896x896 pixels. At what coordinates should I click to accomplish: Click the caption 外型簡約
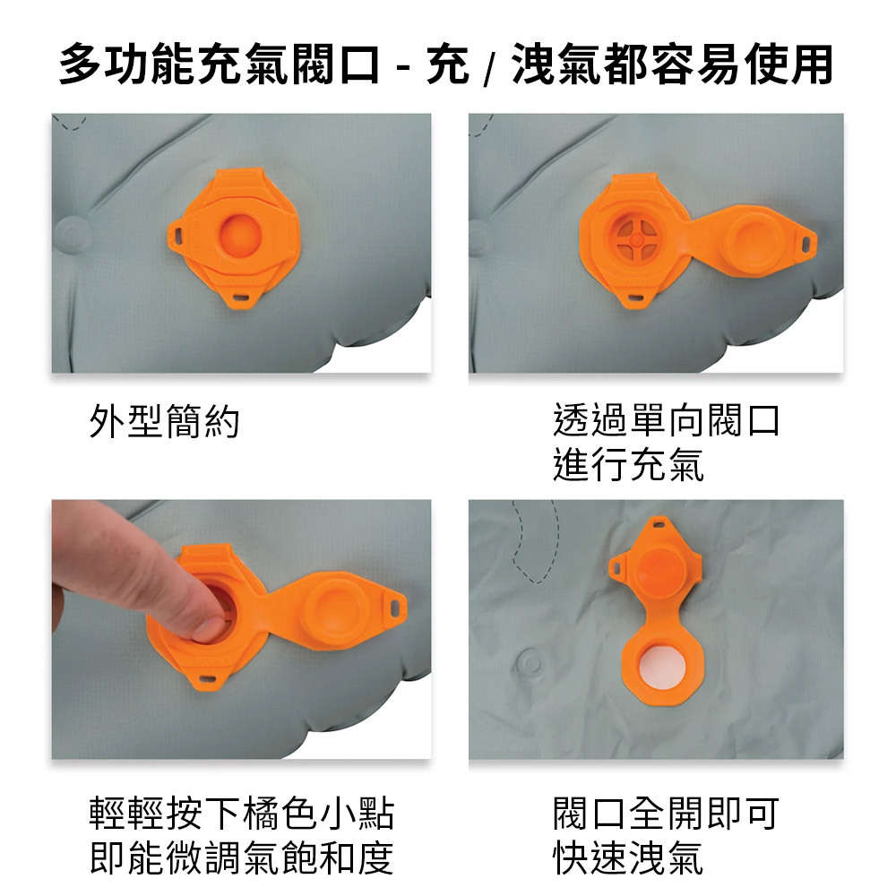(x=164, y=422)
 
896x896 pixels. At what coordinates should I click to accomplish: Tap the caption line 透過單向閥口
(x=667, y=420)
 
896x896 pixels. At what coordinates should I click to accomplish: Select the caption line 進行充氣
(x=629, y=464)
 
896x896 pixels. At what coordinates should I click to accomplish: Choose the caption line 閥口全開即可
(x=667, y=814)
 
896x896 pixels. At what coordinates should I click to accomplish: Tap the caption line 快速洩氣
(x=629, y=857)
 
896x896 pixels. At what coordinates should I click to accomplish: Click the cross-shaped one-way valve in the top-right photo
(x=636, y=239)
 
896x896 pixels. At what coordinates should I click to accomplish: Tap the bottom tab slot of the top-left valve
(x=240, y=297)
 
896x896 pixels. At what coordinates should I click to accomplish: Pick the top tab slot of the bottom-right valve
(x=659, y=523)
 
